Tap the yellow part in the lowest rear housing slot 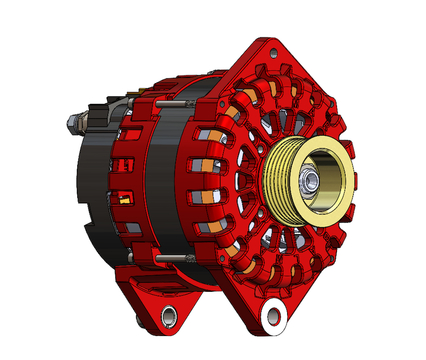click(x=126, y=200)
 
